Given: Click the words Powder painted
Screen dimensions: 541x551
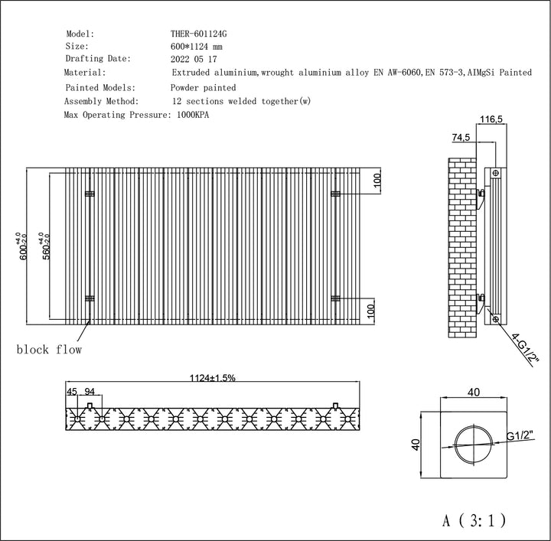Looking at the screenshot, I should (x=204, y=87).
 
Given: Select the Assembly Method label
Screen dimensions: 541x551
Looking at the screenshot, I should (x=102, y=100).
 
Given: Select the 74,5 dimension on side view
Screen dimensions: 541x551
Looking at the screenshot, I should (x=460, y=138).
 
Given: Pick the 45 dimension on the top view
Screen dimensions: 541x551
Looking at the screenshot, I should (x=73, y=392).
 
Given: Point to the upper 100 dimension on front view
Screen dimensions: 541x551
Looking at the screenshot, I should (x=377, y=182).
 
